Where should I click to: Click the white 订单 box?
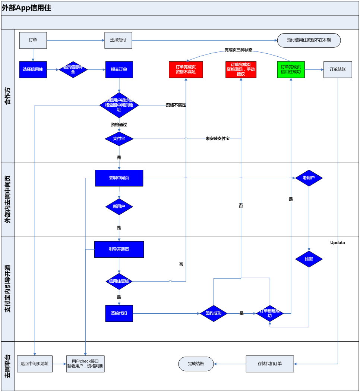click(x=33, y=40)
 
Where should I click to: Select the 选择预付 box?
click(x=119, y=40)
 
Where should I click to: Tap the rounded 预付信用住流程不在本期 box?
click(x=309, y=40)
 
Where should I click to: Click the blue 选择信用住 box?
click(x=33, y=69)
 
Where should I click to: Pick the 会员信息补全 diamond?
click(x=73, y=69)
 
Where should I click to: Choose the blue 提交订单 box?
click(x=119, y=69)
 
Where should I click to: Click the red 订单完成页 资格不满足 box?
click(x=186, y=69)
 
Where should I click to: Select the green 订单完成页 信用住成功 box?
click(x=291, y=69)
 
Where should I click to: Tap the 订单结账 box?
click(x=337, y=69)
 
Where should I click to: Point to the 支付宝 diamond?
click(x=119, y=139)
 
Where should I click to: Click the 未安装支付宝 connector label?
click(x=217, y=139)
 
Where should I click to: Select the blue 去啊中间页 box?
click(x=119, y=178)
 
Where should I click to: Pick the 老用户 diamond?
click(x=309, y=178)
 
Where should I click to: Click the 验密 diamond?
click(x=309, y=258)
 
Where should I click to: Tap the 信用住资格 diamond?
click(x=119, y=281)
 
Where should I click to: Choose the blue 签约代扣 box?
click(x=119, y=313)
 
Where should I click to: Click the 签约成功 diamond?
click(x=214, y=313)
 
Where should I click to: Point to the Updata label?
click(x=337, y=243)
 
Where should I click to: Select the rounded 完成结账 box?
click(x=196, y=364)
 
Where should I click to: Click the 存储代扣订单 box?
click(x=269, y=364)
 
